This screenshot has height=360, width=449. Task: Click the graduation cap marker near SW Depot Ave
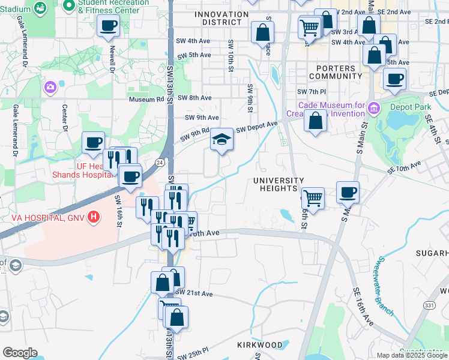click(221, 140)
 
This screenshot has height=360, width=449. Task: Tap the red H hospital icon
click(93, 217)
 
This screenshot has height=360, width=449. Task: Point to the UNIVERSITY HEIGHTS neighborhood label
click(279, 184)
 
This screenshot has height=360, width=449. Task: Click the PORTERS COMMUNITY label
click(336, 72)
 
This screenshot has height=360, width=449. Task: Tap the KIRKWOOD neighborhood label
click(259, 345)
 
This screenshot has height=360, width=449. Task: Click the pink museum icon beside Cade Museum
click(374, 109)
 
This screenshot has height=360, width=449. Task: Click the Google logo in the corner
click(19, 353)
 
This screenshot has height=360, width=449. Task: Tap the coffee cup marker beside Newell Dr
click(109, 26)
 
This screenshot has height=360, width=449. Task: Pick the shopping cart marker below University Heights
click(313, 197)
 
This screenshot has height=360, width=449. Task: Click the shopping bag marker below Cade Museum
click(315, 122)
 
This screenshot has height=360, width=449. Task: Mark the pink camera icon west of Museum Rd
click(50, 88)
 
